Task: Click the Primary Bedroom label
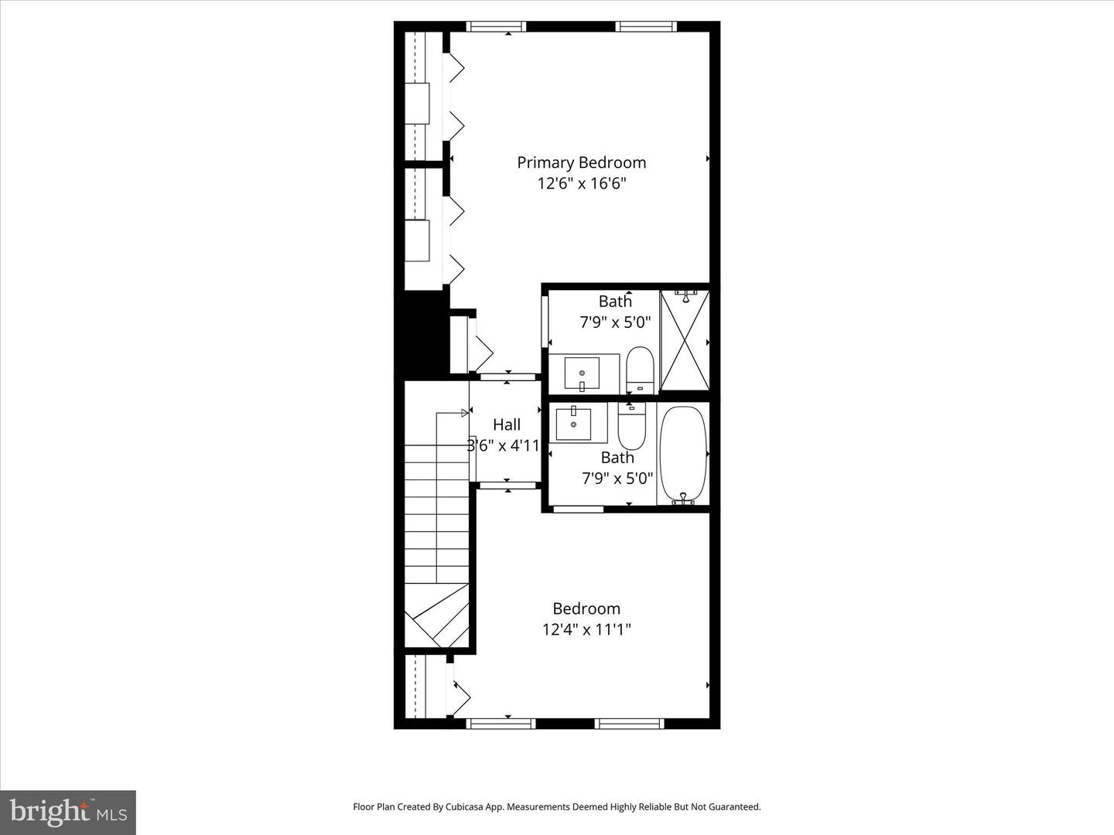tap(581, 162)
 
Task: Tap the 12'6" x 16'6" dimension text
tap(581, 184)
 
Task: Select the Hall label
tap(507, 424)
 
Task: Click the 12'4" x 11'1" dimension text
tap(586, 629)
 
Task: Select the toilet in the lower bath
tap(631, 428)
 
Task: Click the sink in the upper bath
tap(582, 373)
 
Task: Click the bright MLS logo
tap(68, 812)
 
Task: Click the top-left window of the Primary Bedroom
tap(497, 27)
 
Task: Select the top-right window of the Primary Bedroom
tap(646, 27)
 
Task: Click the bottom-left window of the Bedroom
tap(501, 724)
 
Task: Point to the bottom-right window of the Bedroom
tap(629, 724)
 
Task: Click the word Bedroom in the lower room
tap(586, 608)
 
